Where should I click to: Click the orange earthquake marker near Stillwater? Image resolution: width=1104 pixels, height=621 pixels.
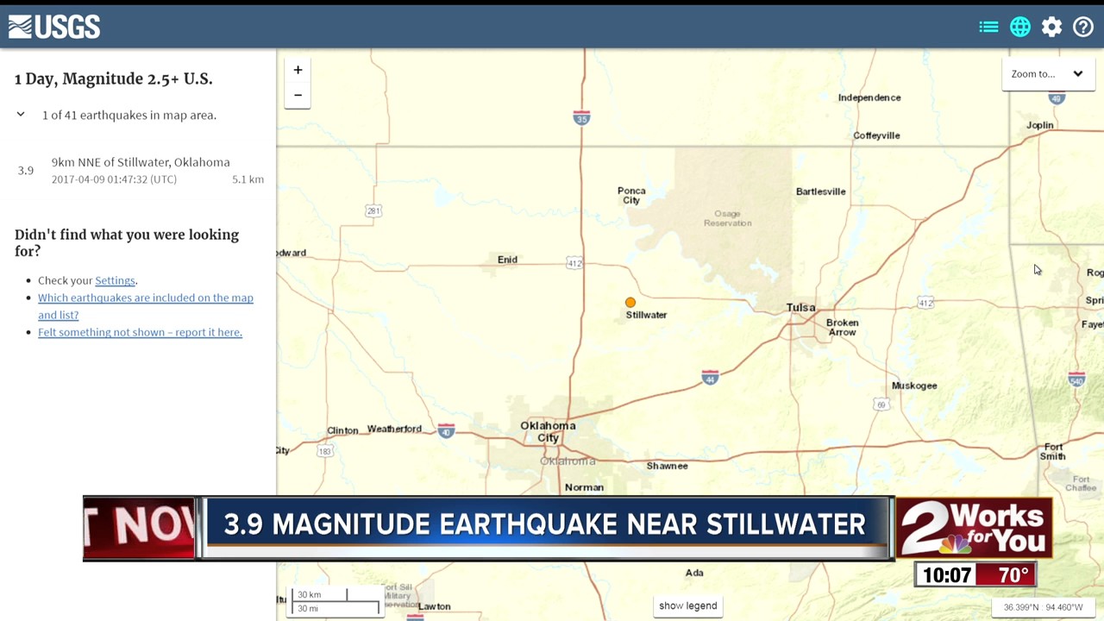[630, 303]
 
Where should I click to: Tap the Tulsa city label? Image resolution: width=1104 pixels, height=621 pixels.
[800, 307]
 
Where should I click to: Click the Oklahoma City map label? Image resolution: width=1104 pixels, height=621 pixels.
[548, 431]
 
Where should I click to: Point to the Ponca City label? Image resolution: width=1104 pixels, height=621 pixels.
[631, 196]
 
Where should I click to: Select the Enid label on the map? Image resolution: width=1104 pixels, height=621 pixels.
[507, 260]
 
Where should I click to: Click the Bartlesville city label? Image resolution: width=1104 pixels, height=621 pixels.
[820, 191]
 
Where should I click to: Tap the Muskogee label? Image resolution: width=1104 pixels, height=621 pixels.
[914, 386]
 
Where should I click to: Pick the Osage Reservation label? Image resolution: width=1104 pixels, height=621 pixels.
[727, 218]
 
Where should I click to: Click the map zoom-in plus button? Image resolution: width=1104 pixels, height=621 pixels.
[298, 70]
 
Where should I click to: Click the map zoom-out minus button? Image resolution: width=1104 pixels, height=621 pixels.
[298, 95]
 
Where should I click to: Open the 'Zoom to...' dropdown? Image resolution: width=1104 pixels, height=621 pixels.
[1047, 74]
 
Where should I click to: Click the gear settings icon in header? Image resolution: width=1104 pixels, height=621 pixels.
[1051, 28]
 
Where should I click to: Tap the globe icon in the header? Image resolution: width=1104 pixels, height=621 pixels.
[1020, 28]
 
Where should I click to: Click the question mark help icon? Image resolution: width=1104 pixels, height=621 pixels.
[1083, 28]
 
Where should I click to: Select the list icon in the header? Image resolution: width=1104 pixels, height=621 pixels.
[988, 28]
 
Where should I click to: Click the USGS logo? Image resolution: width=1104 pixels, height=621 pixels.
[54, 27]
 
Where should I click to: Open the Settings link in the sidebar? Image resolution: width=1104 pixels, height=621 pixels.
[115, 280]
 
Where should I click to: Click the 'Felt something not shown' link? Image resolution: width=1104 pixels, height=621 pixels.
[140, 332]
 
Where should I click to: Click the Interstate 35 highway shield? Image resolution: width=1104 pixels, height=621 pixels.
[581, 118]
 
